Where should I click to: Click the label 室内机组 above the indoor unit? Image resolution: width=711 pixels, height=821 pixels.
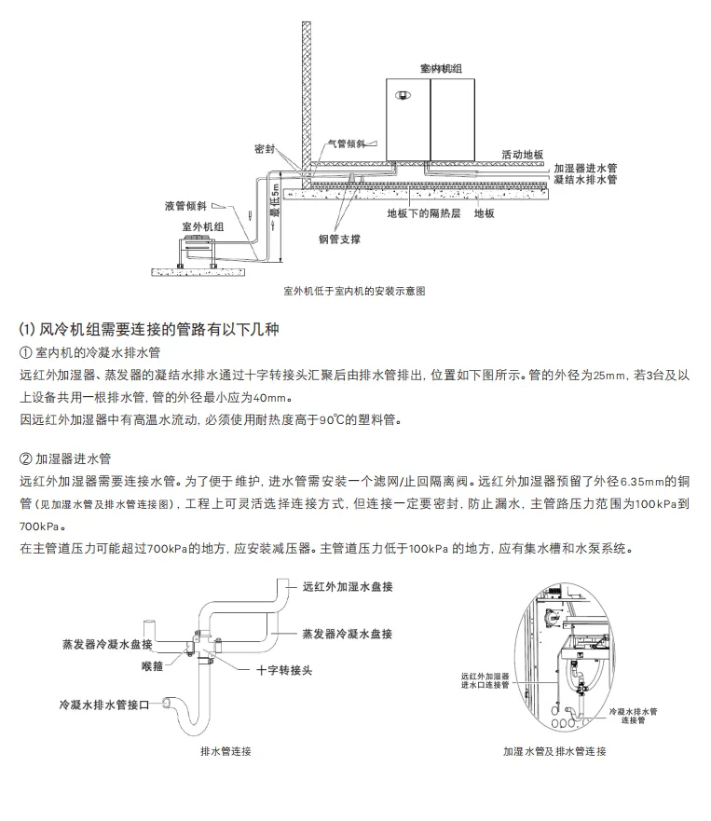431,70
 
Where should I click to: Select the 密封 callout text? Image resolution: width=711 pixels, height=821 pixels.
265,148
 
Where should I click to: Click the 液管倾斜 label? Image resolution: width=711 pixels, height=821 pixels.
185,204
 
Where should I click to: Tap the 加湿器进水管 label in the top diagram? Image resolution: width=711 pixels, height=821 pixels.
585,167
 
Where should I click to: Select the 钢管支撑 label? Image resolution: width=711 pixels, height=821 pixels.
339,239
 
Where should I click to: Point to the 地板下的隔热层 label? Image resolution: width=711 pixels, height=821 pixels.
424,213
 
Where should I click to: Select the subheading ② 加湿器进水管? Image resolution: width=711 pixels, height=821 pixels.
65,459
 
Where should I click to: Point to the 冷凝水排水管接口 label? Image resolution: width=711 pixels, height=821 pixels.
104,701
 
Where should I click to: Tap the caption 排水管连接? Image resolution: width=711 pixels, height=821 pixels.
226,751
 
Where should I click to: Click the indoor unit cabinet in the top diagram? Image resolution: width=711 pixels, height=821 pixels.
431,119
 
